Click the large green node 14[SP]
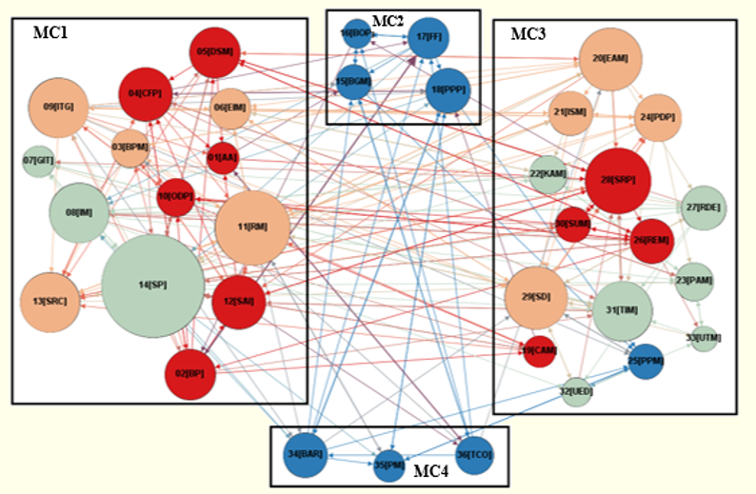click(152, 285)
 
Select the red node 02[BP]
click(190, 371)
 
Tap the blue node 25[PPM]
click(645, 361)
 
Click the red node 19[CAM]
click(539, 350)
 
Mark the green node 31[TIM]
click(621, 310)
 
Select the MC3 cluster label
click(528, 34)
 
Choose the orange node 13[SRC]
click(48, 302)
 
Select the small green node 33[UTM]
click(704, 338)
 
